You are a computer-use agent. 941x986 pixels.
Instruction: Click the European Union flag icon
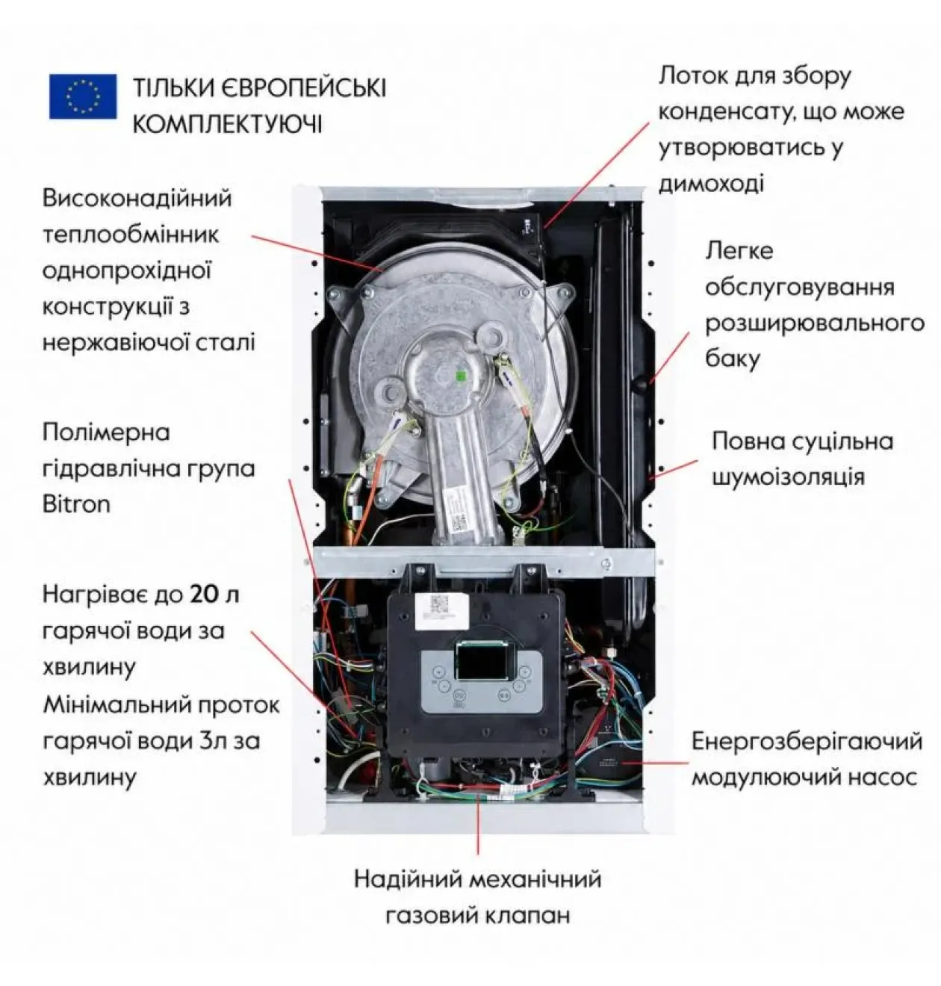[x=83, y=96]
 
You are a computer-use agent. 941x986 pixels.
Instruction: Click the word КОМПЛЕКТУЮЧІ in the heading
[x=227, y=124]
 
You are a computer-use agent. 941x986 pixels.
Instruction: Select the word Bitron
[x=76, y=504]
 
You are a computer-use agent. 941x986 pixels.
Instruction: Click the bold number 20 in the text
[x=205, y=595]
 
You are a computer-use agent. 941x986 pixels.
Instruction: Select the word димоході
[x=711, y=184]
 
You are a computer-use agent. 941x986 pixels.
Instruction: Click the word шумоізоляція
[x=789, y=477]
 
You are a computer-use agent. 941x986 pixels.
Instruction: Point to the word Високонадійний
[x=137, y=198]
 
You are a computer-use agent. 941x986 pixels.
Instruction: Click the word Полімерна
[x=106, y=432]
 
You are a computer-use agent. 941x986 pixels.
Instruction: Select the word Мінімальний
[x=118, y=704]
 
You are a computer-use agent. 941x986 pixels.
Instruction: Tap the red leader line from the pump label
[x=655, y=763]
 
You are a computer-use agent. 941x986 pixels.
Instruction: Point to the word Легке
[x=739, y=251]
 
